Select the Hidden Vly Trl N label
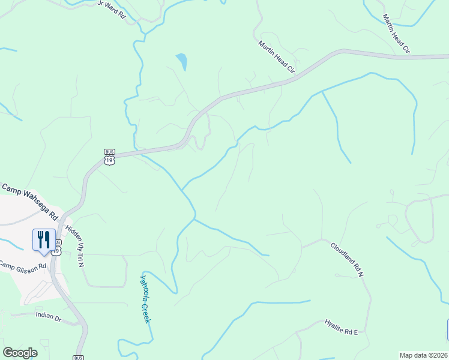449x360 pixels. tap(76, 246)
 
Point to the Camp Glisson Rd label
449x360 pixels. tap(22, 265)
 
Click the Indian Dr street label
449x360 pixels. tap(49, 316)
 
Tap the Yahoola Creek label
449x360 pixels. tap(145, 299)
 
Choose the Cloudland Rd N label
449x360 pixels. tap(348, 259)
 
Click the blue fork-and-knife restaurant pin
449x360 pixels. tap(44, 241)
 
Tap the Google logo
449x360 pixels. tap(20, 353)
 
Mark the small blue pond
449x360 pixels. tap(181, 61)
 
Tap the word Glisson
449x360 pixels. tap(26, 265)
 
